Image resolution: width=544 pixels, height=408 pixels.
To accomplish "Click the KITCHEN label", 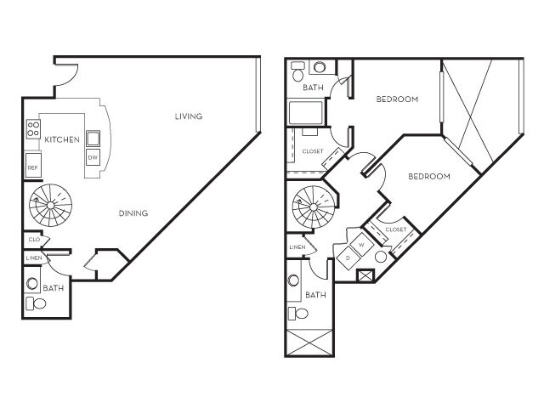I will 63,139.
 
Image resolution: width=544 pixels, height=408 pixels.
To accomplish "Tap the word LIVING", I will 189,116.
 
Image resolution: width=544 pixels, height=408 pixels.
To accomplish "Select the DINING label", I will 133,213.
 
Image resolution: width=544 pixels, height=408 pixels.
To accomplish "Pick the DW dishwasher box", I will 92,156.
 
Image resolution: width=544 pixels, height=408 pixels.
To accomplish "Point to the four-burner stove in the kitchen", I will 34,129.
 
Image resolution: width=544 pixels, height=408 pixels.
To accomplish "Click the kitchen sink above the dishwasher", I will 92,137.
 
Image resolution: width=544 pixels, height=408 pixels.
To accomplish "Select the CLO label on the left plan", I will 33,241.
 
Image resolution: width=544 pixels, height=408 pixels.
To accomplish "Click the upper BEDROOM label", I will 397,99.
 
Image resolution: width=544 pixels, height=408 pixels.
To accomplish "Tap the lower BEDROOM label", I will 428,177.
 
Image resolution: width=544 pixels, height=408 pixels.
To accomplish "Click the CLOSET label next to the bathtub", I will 312,151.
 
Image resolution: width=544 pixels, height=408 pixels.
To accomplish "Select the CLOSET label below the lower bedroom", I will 395,229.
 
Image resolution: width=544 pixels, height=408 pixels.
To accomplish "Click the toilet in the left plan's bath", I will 37,303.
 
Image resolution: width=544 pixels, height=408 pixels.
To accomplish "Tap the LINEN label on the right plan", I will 297,247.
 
